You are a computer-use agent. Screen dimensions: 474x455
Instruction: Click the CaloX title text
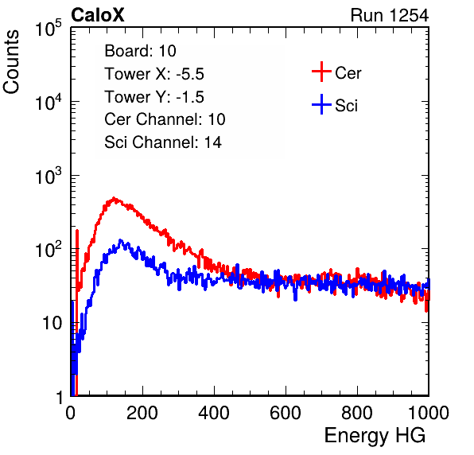[x=97, y=15]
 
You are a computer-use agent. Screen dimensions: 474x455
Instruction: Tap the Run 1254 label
[x=390, y=15]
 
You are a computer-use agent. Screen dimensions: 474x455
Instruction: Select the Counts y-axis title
[x=11, y=62]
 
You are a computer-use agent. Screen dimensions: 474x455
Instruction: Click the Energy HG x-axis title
[x=375, y=436]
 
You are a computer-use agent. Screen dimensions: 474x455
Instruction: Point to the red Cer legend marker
[x=321, y=72]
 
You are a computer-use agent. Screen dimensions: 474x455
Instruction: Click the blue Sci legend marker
[x=321, y=104]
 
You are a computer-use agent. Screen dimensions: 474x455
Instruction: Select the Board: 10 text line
[x=140, y=51]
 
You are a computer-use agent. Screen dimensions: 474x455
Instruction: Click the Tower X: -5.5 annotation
[x=154, y=74]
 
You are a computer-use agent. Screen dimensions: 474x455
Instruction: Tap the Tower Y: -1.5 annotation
[x=154, y=97]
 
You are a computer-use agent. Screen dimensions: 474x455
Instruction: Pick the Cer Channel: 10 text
[x=165, y=119]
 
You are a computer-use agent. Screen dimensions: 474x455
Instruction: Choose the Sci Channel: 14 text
[x=163, y=142]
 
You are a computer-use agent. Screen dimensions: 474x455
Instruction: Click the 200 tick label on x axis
[x=142, y=413]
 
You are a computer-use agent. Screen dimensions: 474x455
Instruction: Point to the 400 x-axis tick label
[x=214, y=413]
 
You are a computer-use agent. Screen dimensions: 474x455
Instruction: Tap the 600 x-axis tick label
[x=286, y=413]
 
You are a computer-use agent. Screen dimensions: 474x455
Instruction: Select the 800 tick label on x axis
[x=357, y=413]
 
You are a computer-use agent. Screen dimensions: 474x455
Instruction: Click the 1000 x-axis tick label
[x=429, y=413]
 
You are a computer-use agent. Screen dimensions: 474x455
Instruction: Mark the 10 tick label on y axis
[x=52, y=323]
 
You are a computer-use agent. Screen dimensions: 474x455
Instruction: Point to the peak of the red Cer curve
[x=114, y=198]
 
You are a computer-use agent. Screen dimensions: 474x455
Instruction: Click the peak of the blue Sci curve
[x=121, y=241]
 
